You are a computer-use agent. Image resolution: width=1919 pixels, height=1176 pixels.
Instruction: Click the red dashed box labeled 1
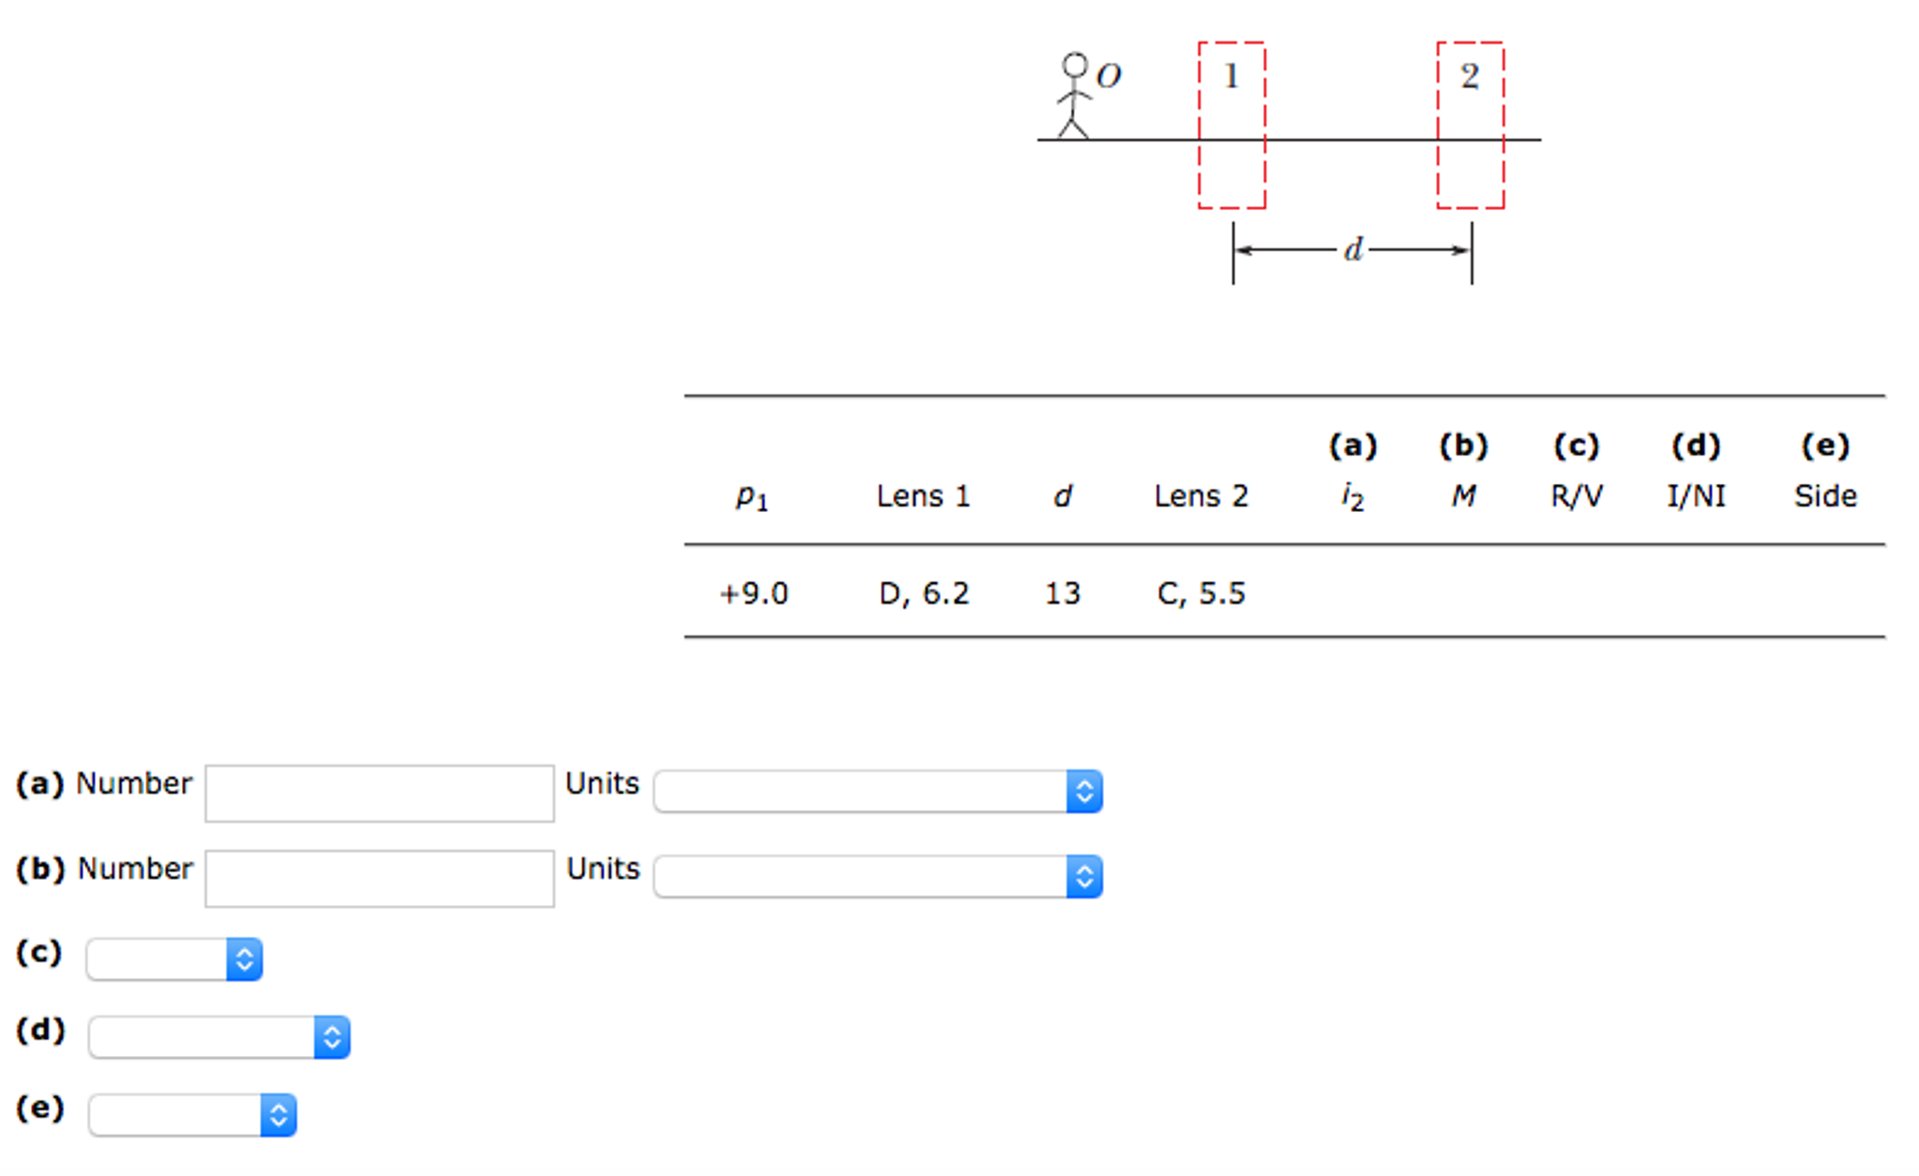[x=1231, y=125]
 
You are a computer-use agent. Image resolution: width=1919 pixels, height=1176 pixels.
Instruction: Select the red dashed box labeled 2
[x=1470, y=125]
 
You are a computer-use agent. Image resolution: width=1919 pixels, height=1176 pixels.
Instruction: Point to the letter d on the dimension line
[x=1352, y=249]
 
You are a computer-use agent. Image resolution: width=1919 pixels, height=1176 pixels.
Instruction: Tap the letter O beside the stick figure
[x=1109, y=76]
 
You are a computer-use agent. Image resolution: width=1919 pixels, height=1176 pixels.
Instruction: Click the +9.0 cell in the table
[x=753, y=594]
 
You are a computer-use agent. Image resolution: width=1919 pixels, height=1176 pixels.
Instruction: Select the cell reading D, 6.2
[x=924, y=594]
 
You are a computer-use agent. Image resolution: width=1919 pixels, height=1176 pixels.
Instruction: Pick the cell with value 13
[x=1062, y=594]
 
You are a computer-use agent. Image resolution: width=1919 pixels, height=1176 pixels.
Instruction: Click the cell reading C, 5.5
[x=1201, y=594]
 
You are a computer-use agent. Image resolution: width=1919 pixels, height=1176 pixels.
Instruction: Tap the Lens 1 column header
[x=923, y=496]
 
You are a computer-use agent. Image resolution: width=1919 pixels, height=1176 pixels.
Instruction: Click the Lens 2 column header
[x=1201, y=496]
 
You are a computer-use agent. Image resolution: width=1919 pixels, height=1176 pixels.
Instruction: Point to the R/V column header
[x=1576, y=496]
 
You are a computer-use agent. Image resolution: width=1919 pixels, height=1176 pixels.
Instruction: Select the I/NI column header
[x=1696, y=496]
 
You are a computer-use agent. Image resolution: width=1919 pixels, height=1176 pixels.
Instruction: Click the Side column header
[x=1825, y=496]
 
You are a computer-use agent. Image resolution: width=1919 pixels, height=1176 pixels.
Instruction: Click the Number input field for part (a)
[x=379, y=793]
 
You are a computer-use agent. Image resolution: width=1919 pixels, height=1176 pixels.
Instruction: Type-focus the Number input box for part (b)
[x=379, y=879]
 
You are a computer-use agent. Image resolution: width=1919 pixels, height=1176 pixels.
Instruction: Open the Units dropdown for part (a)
[x=878, y=792]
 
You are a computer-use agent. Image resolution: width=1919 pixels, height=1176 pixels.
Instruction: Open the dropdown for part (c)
[x=174, y=959]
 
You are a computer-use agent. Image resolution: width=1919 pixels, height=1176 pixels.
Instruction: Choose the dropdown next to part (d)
[x=219, y=1037]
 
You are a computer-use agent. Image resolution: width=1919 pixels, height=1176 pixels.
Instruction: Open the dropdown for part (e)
[x=192, y=1115]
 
